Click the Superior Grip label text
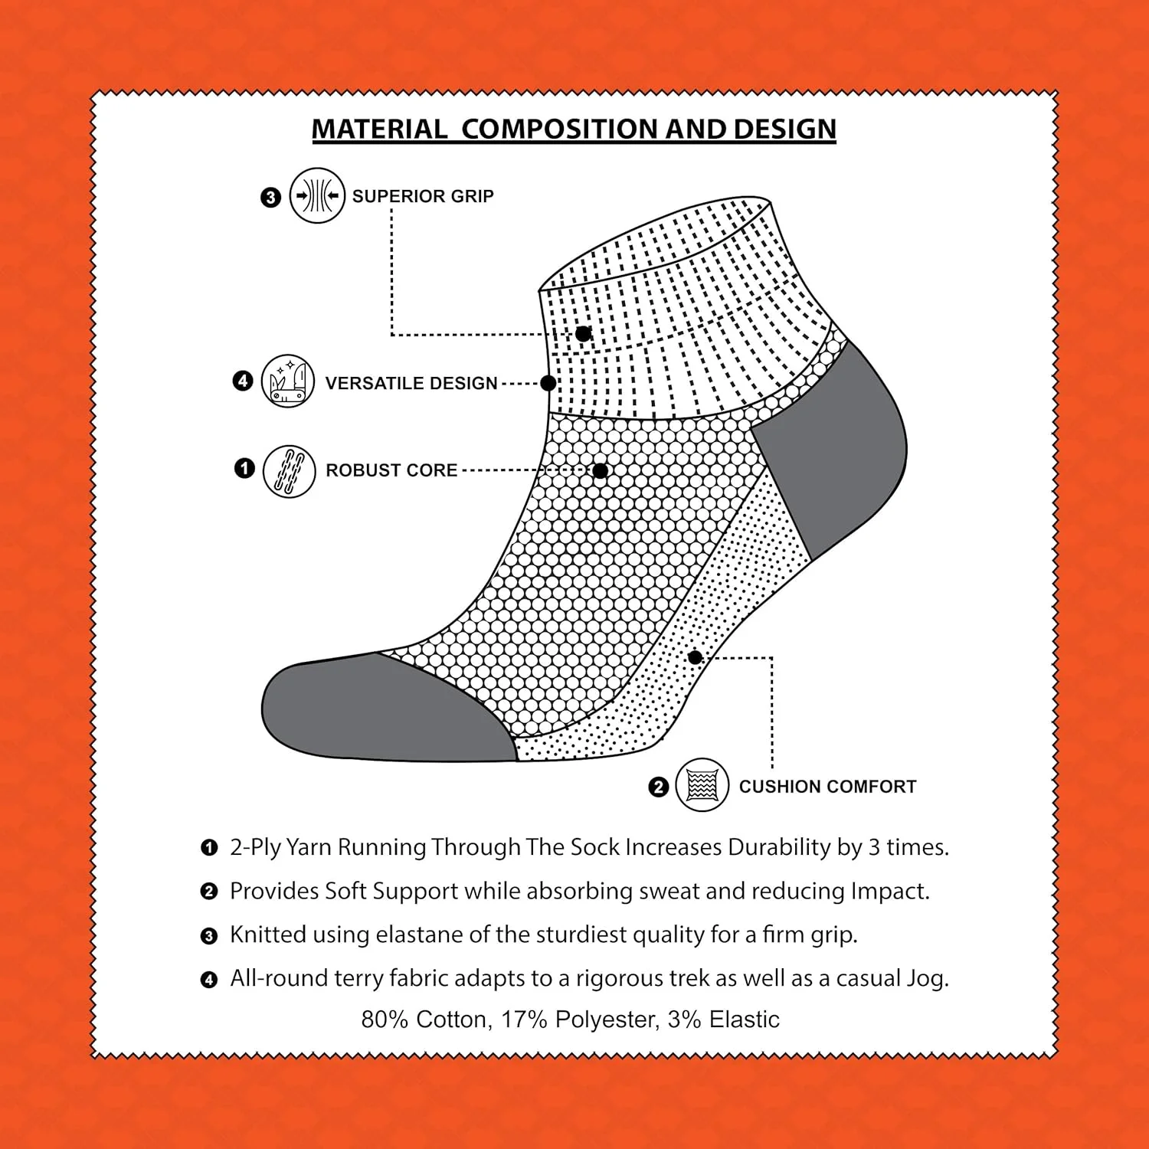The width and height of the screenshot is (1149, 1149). coord(423,196)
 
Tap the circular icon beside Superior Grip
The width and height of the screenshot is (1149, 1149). coord(317,195)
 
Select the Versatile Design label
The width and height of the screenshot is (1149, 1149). coord(411,383)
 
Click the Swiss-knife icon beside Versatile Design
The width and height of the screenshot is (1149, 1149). coord(288,381)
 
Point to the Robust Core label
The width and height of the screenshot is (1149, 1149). coord(391,470)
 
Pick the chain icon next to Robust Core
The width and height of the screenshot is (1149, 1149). coord(289,471)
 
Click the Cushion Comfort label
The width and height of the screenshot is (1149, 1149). coord(827,787)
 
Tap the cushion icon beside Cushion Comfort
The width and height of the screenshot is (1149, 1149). coord(702,785)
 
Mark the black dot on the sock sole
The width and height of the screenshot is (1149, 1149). coord(695,657)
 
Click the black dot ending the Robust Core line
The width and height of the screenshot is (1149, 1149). coord(601,471)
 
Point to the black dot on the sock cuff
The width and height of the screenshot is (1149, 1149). coord(584,334)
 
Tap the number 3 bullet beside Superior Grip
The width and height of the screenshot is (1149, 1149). coord(270,198)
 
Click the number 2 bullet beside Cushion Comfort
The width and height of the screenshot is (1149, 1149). coord(658,787)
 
